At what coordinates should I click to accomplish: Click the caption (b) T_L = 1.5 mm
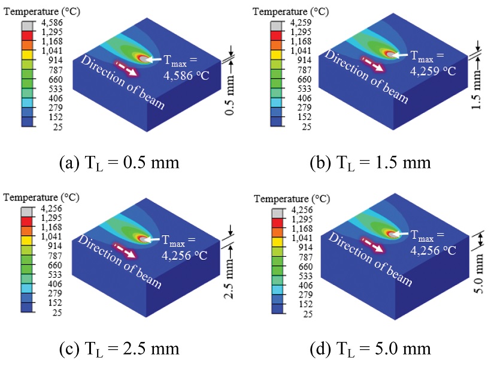(x=371, y=163)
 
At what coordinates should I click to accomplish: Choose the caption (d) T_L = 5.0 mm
(x=371, y=349)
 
